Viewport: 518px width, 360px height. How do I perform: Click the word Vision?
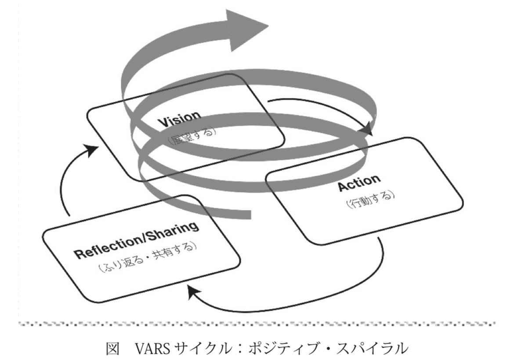[x=180, y=119]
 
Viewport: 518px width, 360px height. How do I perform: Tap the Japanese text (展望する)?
[x=192, y=135]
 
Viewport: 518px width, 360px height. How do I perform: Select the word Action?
[x=359, y=182]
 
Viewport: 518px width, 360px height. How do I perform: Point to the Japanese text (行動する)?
[x=370, y=199]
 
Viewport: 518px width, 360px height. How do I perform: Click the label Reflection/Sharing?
[x=137, y=240]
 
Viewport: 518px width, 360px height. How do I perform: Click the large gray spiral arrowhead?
[x=247, y=30]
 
